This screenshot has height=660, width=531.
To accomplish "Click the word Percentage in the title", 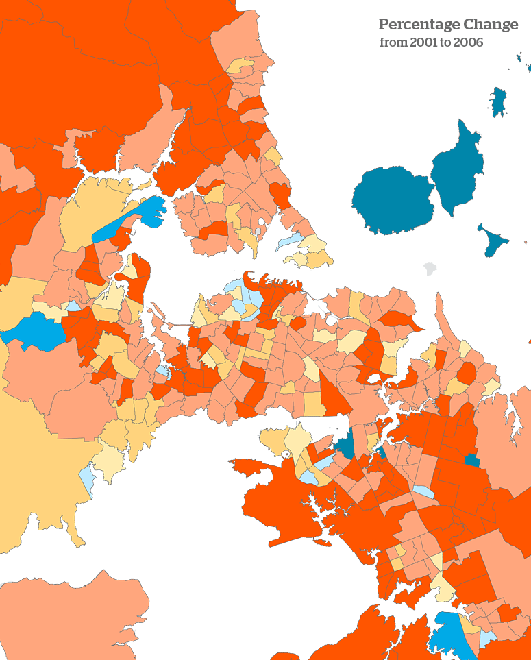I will click(419, 25).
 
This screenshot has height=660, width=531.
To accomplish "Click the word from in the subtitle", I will click(393, 42).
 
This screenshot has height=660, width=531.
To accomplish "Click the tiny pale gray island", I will click(430, 268).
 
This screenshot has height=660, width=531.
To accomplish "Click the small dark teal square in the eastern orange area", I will click(471, 460).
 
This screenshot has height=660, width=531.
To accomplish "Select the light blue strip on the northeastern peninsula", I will click(289, 241).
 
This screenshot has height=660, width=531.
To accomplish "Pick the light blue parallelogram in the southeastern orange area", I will click(423, 491).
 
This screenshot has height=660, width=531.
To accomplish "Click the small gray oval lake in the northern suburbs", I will click(258, 232).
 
